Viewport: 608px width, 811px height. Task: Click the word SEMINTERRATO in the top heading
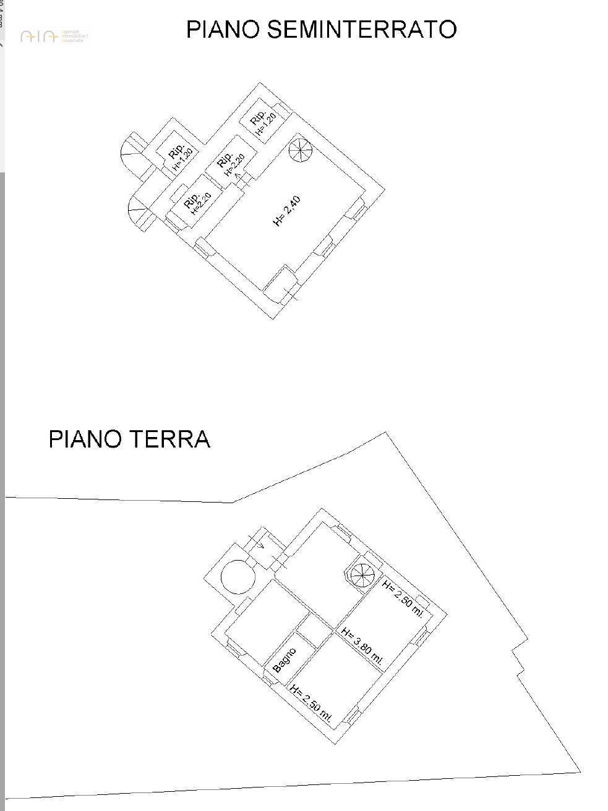point(362,30)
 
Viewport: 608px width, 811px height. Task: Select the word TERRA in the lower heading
point(169,439)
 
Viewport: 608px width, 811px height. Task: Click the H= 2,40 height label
point(287,211)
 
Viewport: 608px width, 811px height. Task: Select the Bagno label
point(285,660)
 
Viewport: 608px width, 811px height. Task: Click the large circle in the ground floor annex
point(238,576)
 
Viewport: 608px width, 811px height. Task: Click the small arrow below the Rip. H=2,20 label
point(238,177)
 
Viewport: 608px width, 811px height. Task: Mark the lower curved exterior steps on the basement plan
point(138,213)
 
